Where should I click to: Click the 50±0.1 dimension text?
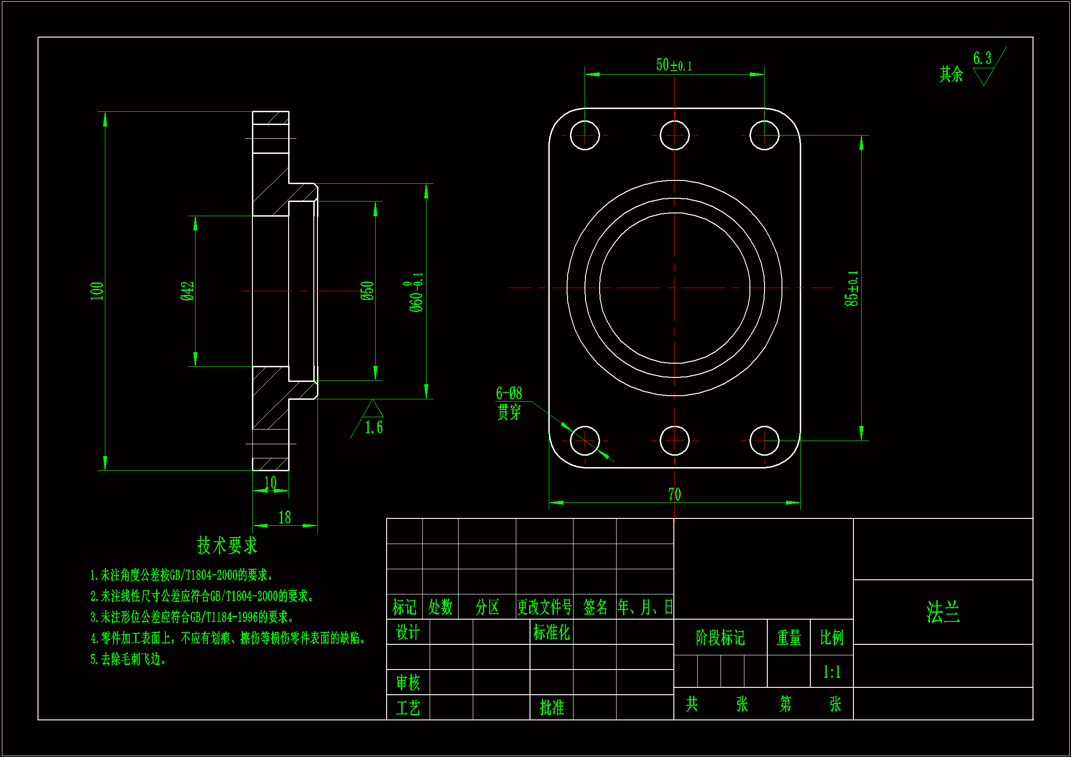coord(673,65)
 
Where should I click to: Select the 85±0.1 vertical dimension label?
coord(852,288)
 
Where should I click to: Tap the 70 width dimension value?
coord(674,495)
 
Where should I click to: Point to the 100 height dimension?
coord(97,291)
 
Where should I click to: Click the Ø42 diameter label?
coord(187,291)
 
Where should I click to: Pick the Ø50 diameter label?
coord(367,291)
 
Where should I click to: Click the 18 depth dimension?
coord(284,517)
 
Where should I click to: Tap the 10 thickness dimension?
coord(271,483)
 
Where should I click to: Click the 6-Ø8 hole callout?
coord(509,393)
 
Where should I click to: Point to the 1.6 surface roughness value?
coord(374,427)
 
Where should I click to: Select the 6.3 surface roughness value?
coord(982,58)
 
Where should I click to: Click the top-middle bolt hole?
coord(674,136)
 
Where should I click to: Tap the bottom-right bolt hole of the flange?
coord(764,440)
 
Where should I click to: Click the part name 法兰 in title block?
coord(943,612)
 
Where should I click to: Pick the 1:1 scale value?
coord(832,672)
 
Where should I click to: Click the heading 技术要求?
coord(227,545)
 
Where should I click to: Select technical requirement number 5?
coord(128,659)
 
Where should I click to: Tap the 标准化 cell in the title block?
coord(552,632)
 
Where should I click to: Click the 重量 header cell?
coord(789,637)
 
